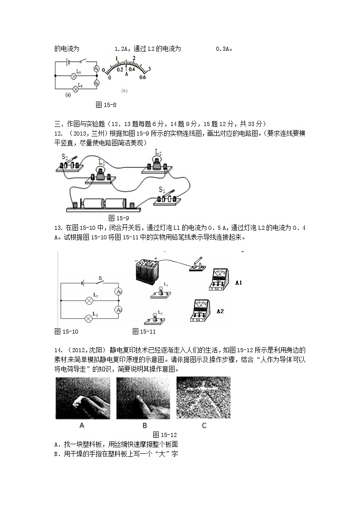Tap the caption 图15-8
[107, 105]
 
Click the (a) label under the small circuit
[68, 95]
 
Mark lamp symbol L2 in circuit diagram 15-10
[89, 319]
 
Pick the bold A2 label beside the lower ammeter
[220, 311]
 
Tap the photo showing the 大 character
[203, 398]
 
